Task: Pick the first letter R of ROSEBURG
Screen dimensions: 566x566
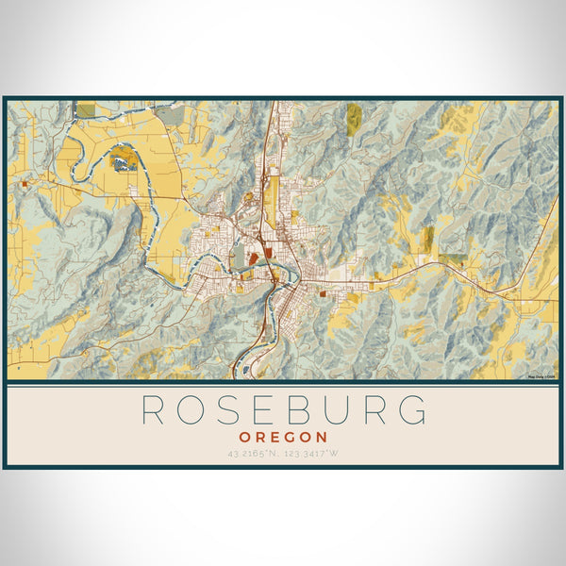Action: pos(154,410)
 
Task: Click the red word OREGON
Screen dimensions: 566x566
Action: pos(283,437)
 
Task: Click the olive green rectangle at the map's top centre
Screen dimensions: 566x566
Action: pos(354,116)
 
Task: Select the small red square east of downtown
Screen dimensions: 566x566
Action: pos(324,293)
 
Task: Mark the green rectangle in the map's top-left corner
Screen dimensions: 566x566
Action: pos(86,110)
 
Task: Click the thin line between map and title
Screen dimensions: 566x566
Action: pos(283,385)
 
